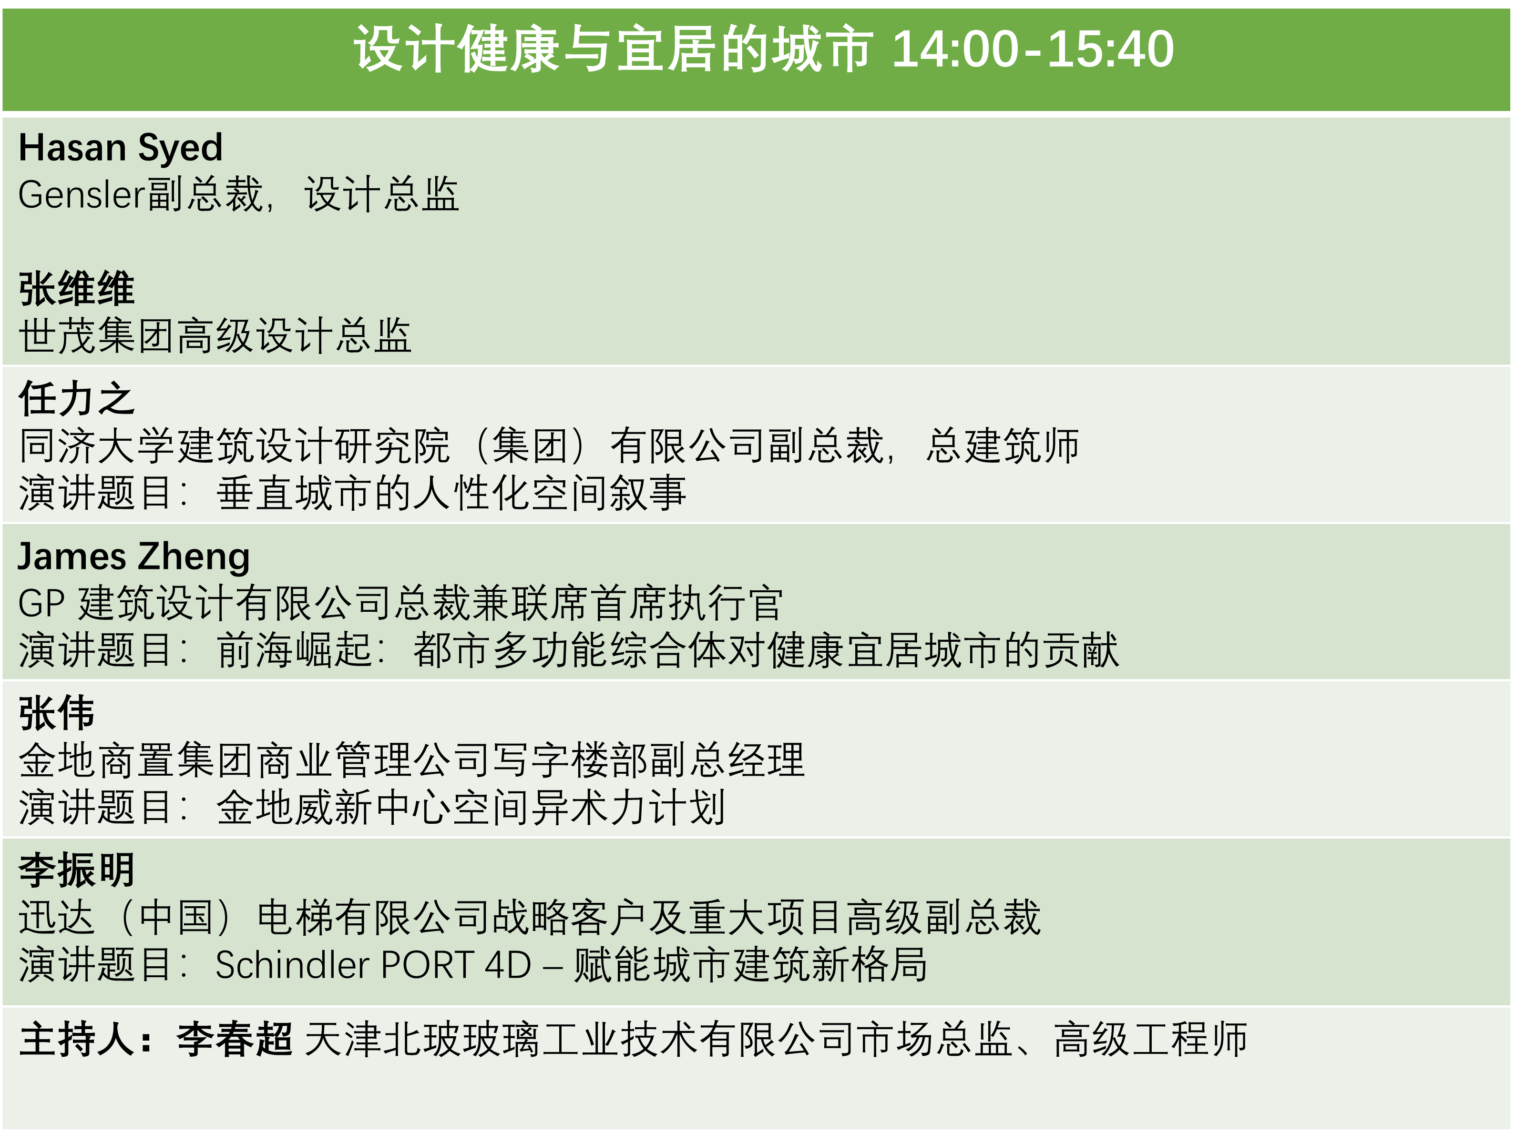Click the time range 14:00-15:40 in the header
tap(1033, 50)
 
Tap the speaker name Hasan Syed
tap(121, 148)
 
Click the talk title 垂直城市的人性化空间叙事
tap(451, 493)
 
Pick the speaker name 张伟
tap(57, 713)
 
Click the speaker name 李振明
tap(77, 870)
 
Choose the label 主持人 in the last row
tap(77, 1039)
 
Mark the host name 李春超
tap(235, 1039)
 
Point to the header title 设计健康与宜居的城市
tap(614, 50)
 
